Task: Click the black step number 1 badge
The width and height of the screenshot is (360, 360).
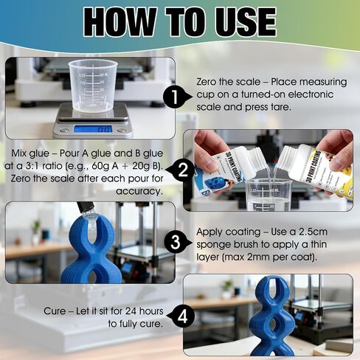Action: pos(175,97)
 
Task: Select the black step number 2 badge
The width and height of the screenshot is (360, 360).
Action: pos(181,170)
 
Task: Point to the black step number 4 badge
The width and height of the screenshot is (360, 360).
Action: pos(181,316)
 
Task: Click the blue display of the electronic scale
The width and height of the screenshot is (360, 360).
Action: pos(93,128)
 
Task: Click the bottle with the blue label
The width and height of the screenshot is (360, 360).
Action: pos(221,170)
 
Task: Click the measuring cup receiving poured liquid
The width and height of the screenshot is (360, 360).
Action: pos(269,195)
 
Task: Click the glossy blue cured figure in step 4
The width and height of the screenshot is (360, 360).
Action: pos(271,316)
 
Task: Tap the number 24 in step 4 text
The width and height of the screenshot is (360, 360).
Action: pos(131,311)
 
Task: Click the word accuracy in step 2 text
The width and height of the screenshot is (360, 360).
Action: pos(139,192)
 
